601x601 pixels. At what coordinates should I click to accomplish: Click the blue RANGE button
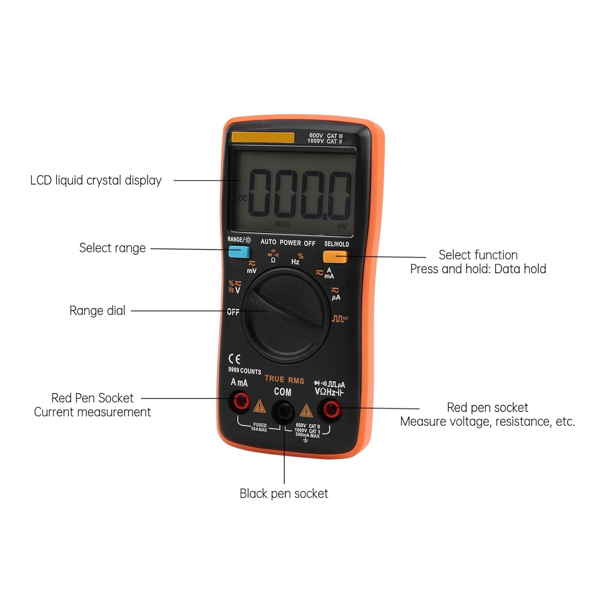(x=239, y=252)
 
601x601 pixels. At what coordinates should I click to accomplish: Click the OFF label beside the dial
(x=233, y=312)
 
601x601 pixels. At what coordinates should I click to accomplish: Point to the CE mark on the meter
(x=234, y=358)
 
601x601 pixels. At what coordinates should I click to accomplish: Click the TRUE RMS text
(x=284, y=379)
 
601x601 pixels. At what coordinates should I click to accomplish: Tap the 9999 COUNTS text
(x=244, y=371)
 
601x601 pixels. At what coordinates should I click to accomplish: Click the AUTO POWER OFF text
(x=288, y=242)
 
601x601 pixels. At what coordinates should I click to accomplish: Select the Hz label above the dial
(x=295, y=262)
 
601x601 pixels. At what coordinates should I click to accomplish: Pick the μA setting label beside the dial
(x=336, y=297)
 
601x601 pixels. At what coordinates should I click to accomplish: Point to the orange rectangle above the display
(x=263, y=137)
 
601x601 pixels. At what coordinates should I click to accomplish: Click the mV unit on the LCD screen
(x=341, y=226)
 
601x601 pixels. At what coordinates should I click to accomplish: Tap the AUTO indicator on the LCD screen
(x=282, y=224)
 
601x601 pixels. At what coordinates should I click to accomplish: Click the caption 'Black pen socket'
(x=284, y=493)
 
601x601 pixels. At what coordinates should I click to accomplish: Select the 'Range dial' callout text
(x=97, y=311)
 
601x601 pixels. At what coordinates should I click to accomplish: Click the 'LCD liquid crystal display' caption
(x=96, y=180)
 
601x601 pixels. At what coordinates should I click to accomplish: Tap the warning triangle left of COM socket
(x=260, y=407)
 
